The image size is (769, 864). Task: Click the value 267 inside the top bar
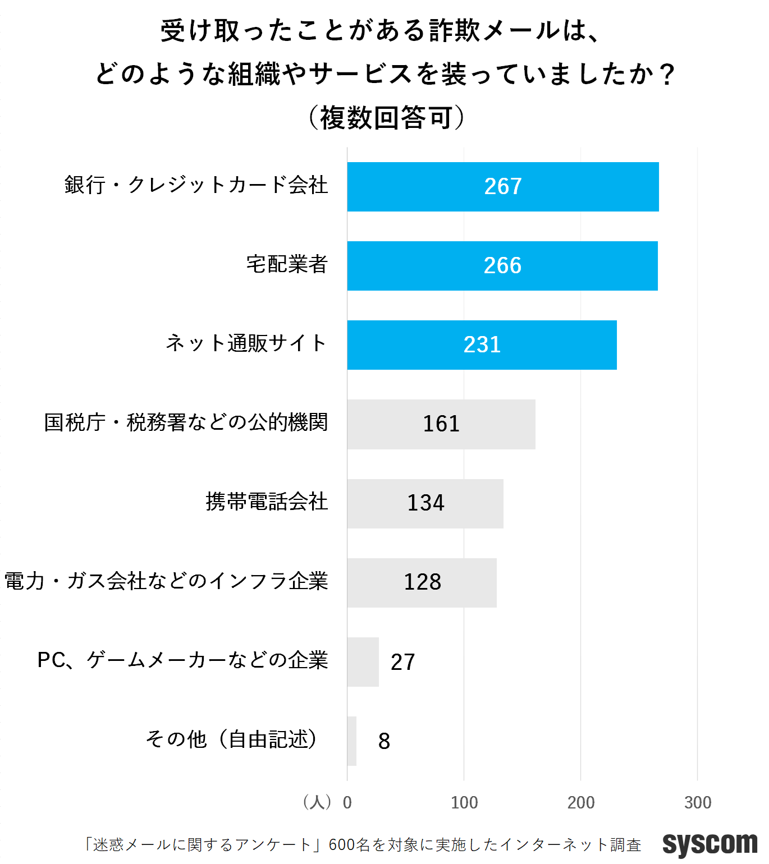(503, 186)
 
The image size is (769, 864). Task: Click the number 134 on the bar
(425, 503)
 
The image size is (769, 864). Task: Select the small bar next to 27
(363, 662)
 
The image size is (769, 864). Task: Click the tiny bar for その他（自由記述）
(352, 741)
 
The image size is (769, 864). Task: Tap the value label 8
(384, 741)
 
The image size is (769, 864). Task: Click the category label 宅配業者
(287, 264)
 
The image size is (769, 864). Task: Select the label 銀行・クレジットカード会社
(196, 185)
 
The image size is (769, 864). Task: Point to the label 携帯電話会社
(267, 502)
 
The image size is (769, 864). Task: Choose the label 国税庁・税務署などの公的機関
(186, 422)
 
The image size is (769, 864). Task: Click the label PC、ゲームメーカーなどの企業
(182, 660)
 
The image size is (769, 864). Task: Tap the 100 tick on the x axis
(464, 803)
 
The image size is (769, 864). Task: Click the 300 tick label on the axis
(698, 803)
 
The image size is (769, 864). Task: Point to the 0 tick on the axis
(347, 803)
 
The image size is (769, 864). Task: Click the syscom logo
(710, 844)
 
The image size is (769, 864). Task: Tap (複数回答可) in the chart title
(387, 118)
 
